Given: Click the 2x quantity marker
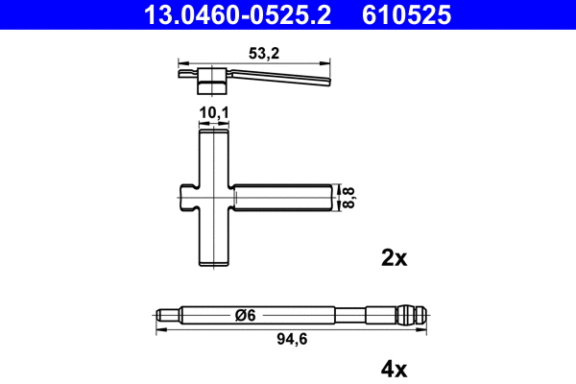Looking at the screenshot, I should point(395,257).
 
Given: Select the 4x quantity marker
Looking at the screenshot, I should point(395,368).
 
